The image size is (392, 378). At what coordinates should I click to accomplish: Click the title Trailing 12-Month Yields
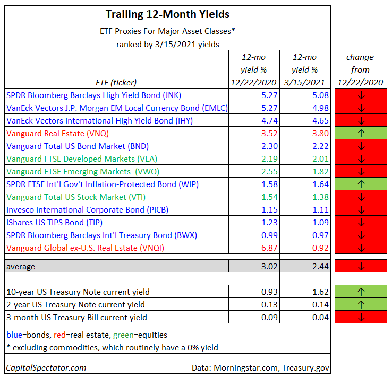coord(167,14)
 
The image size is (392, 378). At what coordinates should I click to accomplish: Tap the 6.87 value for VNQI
coord(254,248)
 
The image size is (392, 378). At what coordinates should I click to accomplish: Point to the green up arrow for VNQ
coord(360,134)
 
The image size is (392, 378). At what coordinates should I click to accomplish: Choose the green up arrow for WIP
coord(360,184)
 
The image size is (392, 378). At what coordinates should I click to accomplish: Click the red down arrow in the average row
coord(360,266)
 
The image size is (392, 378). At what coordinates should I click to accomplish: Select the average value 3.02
coord(254,266)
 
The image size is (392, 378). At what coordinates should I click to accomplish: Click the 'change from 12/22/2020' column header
coord(360,69)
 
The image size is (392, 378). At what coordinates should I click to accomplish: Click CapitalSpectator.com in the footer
coord(46,367)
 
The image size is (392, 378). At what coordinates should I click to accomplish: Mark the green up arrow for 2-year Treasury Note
coord(360,304)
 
